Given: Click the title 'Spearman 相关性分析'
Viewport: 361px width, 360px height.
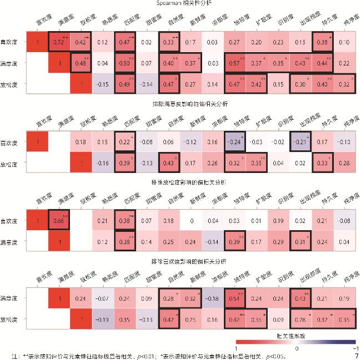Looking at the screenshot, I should click(184, 4).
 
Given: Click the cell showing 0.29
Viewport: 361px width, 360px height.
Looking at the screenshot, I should click(278, 242).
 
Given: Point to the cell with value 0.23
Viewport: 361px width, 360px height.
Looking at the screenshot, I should click(278, 42).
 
